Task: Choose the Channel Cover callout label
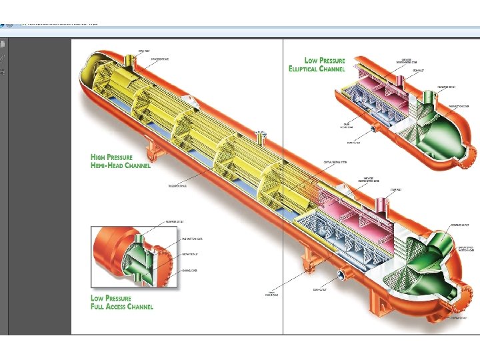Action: (191, 270)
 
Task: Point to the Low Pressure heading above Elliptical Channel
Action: (325, 61)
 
